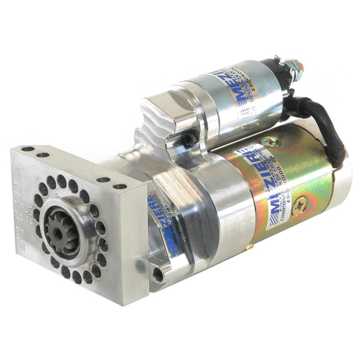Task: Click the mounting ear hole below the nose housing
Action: [157, 274]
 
